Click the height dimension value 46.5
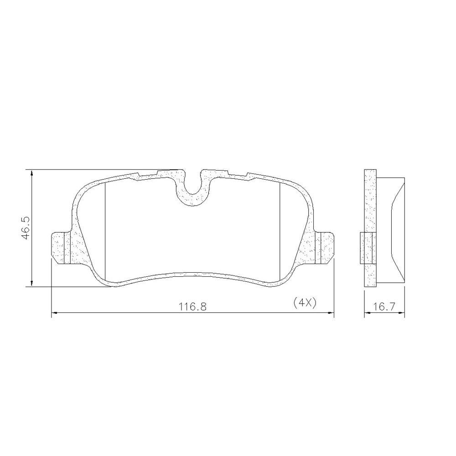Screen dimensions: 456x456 pyautogui.click(x=25, y=228)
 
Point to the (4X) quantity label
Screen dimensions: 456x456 pyautogui.click(x=304, y=303)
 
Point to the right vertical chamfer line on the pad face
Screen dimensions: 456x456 pyautogui.click(x=279, y=230)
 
